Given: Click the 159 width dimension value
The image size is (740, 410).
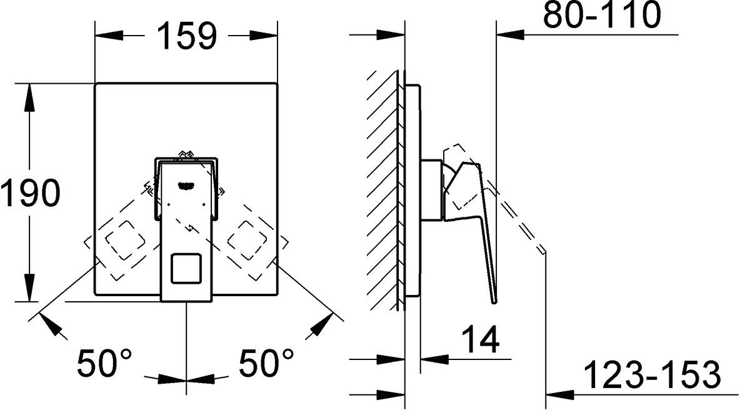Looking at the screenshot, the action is tap(186, 37).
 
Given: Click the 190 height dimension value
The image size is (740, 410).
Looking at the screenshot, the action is tap(30, 193).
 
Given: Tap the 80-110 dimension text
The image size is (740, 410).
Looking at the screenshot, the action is tap(601, 16).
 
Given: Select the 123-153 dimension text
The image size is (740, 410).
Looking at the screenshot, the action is tap(652, 376).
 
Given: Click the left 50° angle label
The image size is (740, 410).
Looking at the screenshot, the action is tap(104, 362).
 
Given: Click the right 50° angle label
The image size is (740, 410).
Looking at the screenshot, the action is tap(266, 362).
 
